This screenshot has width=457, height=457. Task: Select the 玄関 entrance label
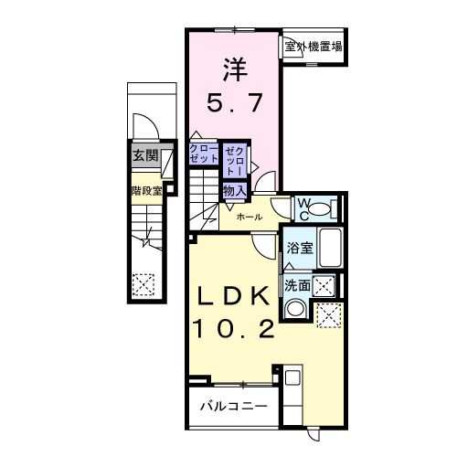(x=144, y=156)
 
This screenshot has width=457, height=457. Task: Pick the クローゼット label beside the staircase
(x=204, y=153)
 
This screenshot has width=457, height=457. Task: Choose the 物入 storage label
(x=233, y=190)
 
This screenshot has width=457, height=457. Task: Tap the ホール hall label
(x=250, y=217)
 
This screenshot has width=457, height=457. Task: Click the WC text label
(x=302, y=207)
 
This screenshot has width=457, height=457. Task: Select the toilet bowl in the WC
(x=320, y=209)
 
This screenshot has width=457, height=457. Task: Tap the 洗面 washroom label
(x=296, y=286)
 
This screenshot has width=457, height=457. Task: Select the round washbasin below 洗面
(x=293, y=309)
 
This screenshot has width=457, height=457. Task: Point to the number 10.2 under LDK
(x=233, y=329)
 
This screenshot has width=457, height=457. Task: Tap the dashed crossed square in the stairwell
(x=143, y=286)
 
